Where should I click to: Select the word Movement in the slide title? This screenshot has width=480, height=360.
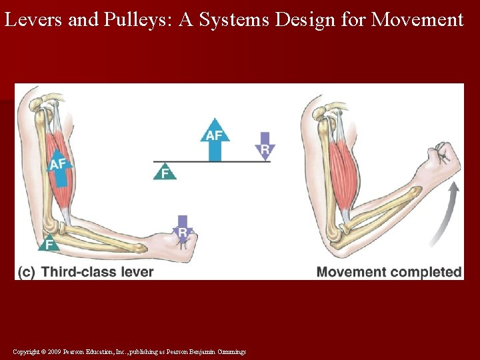tap(417, 20)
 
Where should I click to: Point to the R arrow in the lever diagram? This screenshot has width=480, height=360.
tap(265, 146)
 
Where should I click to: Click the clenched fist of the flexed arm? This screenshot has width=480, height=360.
tap(446, 159)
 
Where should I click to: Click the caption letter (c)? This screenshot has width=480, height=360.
tap(27, 272)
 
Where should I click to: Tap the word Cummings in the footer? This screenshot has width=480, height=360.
tap(231, 351)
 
